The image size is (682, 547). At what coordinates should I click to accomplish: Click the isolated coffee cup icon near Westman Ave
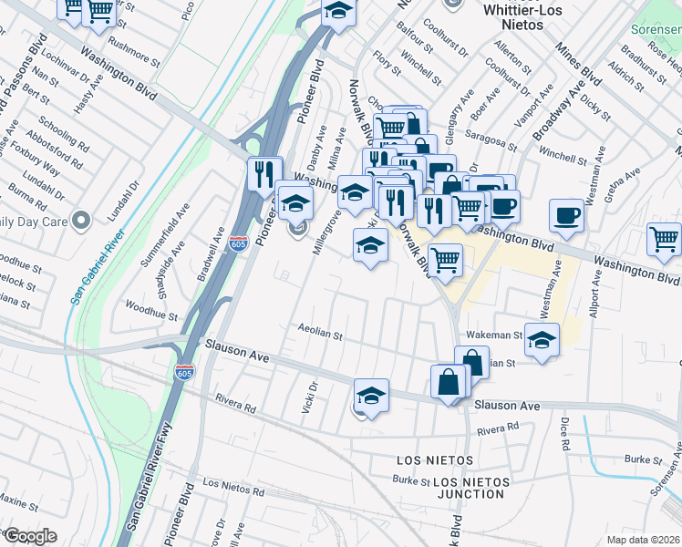click(567, 216)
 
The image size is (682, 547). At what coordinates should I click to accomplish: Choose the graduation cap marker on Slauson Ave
click(371, 397)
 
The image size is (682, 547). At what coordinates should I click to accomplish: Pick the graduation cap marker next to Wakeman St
click(542, 341)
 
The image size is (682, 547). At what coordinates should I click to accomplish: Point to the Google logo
click(29, 536)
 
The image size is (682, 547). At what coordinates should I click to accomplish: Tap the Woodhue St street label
click(151, 313)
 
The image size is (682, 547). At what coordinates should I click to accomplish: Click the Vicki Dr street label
click(309, 398)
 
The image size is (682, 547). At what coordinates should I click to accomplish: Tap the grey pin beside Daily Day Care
click(81, 221)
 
